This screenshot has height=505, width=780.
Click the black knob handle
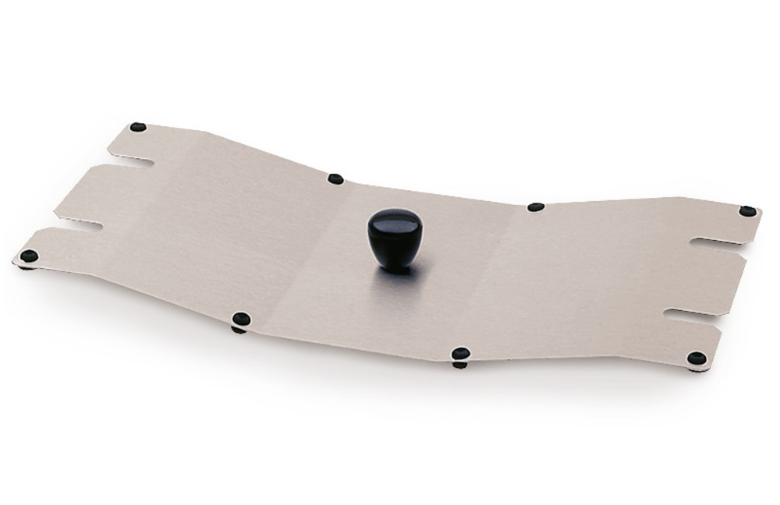pos(394,233)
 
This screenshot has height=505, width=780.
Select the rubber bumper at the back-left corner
pos(138,127)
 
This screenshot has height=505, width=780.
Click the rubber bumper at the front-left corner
pos(29,256)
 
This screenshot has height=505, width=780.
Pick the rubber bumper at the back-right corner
pos(747,210)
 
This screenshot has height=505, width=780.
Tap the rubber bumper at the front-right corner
pos(697,358)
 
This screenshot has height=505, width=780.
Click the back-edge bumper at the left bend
pos(335,178)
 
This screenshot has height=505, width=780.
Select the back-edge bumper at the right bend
pos(535,207)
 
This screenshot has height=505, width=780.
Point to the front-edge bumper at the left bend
pos(242,319)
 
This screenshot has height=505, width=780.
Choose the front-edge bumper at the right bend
pos(461,354)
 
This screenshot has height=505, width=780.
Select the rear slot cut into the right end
pos(714,242)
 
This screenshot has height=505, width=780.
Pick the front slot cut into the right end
pos(690,315)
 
